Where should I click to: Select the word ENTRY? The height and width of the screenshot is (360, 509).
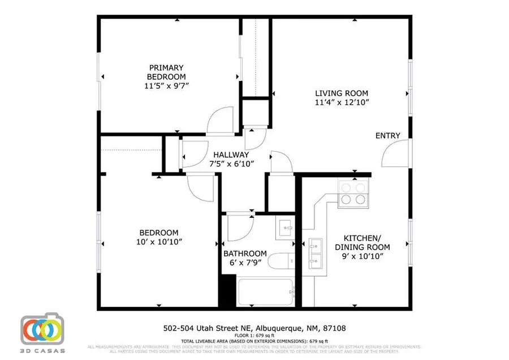pos(388,136)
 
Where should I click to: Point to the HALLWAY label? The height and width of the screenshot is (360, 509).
pos(231,155)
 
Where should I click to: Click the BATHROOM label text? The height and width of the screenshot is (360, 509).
pos(245,253)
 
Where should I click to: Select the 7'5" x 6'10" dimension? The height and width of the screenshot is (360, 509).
pos(231,164)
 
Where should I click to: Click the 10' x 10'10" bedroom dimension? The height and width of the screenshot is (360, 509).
pos(159,242)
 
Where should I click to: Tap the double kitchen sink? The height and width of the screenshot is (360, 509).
pos(316,252)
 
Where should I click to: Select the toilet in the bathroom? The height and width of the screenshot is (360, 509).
pos(280,262)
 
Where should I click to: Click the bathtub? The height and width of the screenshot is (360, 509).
pos(264,292)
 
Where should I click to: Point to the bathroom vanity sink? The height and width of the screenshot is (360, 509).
pos(285,228)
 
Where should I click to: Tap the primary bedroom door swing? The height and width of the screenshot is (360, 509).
pos(220,121)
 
